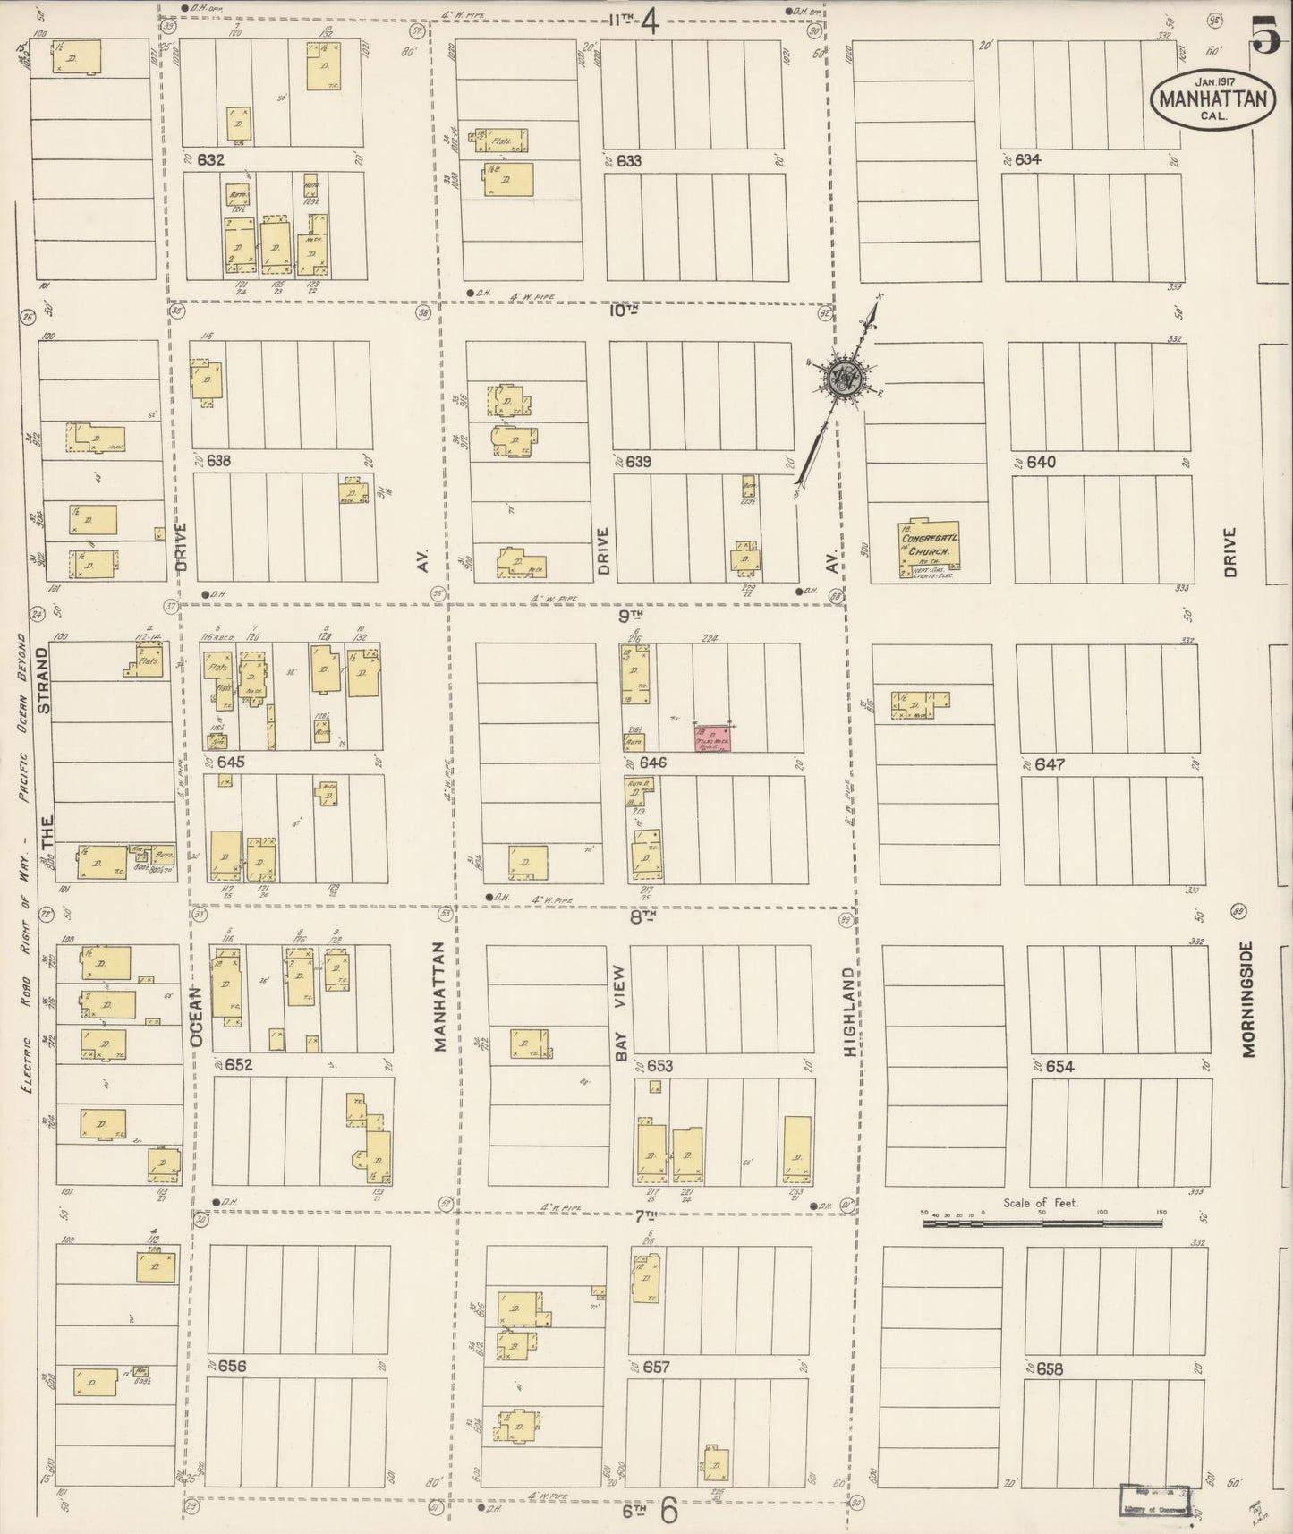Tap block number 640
[1042, 463]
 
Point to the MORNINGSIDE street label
[1249, 998]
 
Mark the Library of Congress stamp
[1156, 1501]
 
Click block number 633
[629, 161]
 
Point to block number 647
[1051, 765]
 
